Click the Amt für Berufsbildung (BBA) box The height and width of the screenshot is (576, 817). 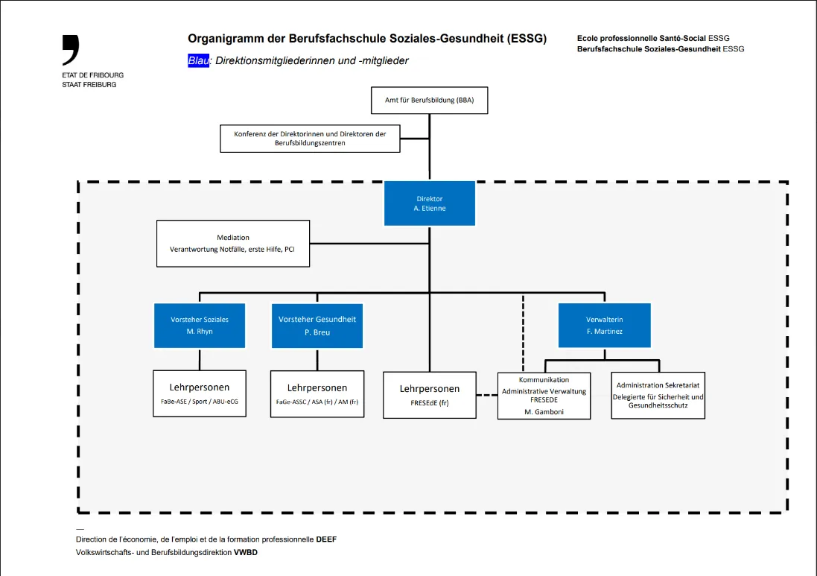pos(429,100)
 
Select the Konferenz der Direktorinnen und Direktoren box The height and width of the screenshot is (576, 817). pos(310,139)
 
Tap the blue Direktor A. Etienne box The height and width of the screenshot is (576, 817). pos(429,203)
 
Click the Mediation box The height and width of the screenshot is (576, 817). pos(233,244)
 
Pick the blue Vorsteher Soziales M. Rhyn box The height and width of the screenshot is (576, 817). pos(200,326)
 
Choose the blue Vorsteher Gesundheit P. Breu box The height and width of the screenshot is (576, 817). pos(317,326)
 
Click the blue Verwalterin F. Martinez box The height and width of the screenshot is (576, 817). pos(604,326)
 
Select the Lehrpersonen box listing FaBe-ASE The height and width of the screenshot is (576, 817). pos(200,393)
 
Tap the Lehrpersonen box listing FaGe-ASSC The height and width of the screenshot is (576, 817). pos(317,394)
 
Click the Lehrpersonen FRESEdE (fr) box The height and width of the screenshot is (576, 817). pos(429,395)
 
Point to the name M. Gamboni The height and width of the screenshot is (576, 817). pos(544,411)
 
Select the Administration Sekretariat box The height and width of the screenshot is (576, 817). pos(658,396)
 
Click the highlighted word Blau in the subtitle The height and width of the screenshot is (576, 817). pos(198,61)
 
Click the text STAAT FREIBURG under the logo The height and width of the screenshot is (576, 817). pos(89,85)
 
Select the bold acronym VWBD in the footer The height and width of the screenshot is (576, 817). pos(246,553)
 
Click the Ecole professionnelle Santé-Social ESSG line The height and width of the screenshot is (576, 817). pos(652,38)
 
